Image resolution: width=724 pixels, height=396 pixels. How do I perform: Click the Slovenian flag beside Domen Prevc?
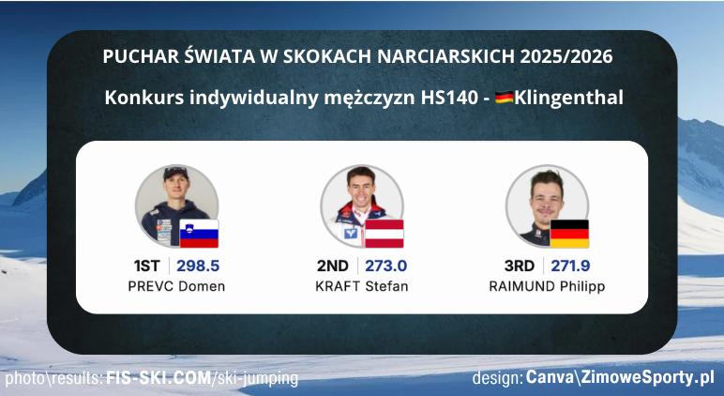199,233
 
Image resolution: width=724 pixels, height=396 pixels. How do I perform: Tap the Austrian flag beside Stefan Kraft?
384,233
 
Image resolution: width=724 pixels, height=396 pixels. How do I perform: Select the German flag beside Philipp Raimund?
568,233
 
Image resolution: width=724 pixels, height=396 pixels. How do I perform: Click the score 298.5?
199,266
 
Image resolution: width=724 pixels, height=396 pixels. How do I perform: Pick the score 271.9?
569,266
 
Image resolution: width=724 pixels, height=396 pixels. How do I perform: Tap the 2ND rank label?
332,266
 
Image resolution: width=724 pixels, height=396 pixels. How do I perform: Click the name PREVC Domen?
176,286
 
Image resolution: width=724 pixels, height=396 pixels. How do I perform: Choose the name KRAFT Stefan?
362,286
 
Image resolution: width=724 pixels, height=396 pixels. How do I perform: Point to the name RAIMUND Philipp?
547,286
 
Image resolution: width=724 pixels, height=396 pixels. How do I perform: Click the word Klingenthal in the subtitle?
569,98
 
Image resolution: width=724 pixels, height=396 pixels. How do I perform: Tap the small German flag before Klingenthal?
505,98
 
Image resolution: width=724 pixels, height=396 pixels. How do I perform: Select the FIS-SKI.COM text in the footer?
159,379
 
